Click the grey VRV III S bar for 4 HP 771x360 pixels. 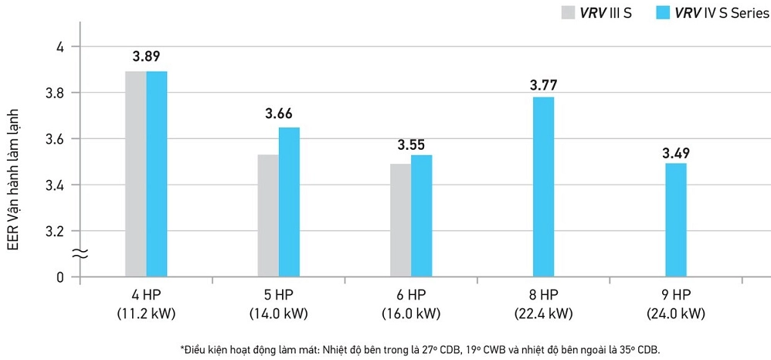[135, 174]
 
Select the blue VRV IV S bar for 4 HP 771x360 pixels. [157, 174]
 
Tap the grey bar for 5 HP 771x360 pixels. [268, 216]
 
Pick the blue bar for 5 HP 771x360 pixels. [290, 202]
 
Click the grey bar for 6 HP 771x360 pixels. [401, 220]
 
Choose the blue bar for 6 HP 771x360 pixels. [422, 216]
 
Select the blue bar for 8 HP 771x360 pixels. [543, 186]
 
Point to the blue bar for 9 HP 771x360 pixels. [676, 219]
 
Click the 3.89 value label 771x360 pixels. [146, 56]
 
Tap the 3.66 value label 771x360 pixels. [280, 113]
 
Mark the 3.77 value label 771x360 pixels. [543, 84]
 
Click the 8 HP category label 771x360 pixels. [543, 294]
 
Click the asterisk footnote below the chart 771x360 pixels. [421, 349]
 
